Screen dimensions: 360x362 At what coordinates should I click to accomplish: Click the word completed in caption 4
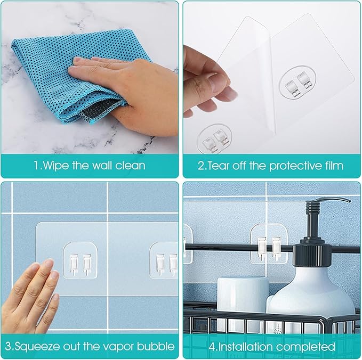coord(307,346)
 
